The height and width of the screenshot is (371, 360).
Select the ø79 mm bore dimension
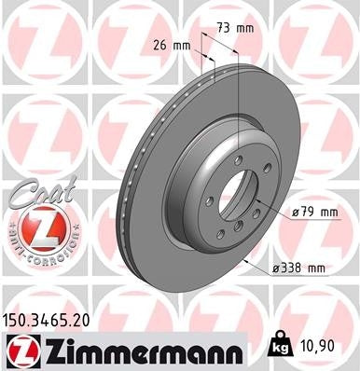(x=314, y=213)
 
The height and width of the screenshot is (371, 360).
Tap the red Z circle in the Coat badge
(x=32, y=227)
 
